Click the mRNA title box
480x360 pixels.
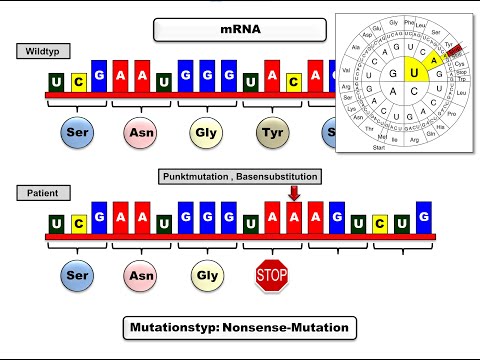[240, 30]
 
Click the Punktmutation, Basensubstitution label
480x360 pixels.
[240, 176]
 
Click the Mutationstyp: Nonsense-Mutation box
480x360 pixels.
[239, 327]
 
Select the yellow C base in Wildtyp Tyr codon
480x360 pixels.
[294, 82]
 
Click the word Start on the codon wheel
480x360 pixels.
[379, 147]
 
